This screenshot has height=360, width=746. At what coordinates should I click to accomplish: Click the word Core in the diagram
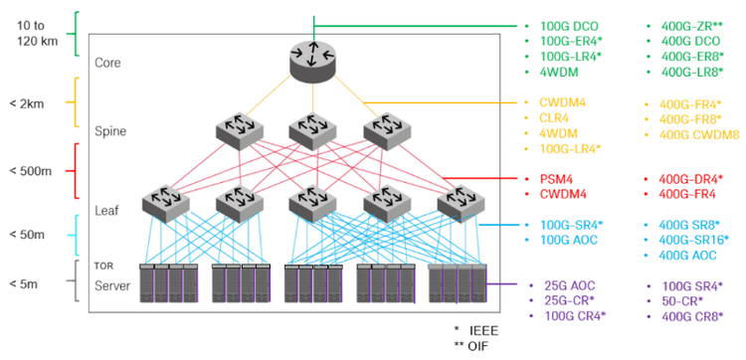[x=107, y=63]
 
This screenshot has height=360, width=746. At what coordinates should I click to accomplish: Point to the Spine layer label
[x=109, y=130]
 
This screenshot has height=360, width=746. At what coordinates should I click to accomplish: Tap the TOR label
[x=102, y=267]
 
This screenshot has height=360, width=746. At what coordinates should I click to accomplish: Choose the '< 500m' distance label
[x=32, y=171]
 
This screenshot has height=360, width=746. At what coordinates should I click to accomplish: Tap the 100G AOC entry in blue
[x=567, y=240]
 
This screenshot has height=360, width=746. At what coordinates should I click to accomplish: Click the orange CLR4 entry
[x=554, y=117]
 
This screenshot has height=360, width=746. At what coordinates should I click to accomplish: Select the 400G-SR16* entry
[x=694, y=240]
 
